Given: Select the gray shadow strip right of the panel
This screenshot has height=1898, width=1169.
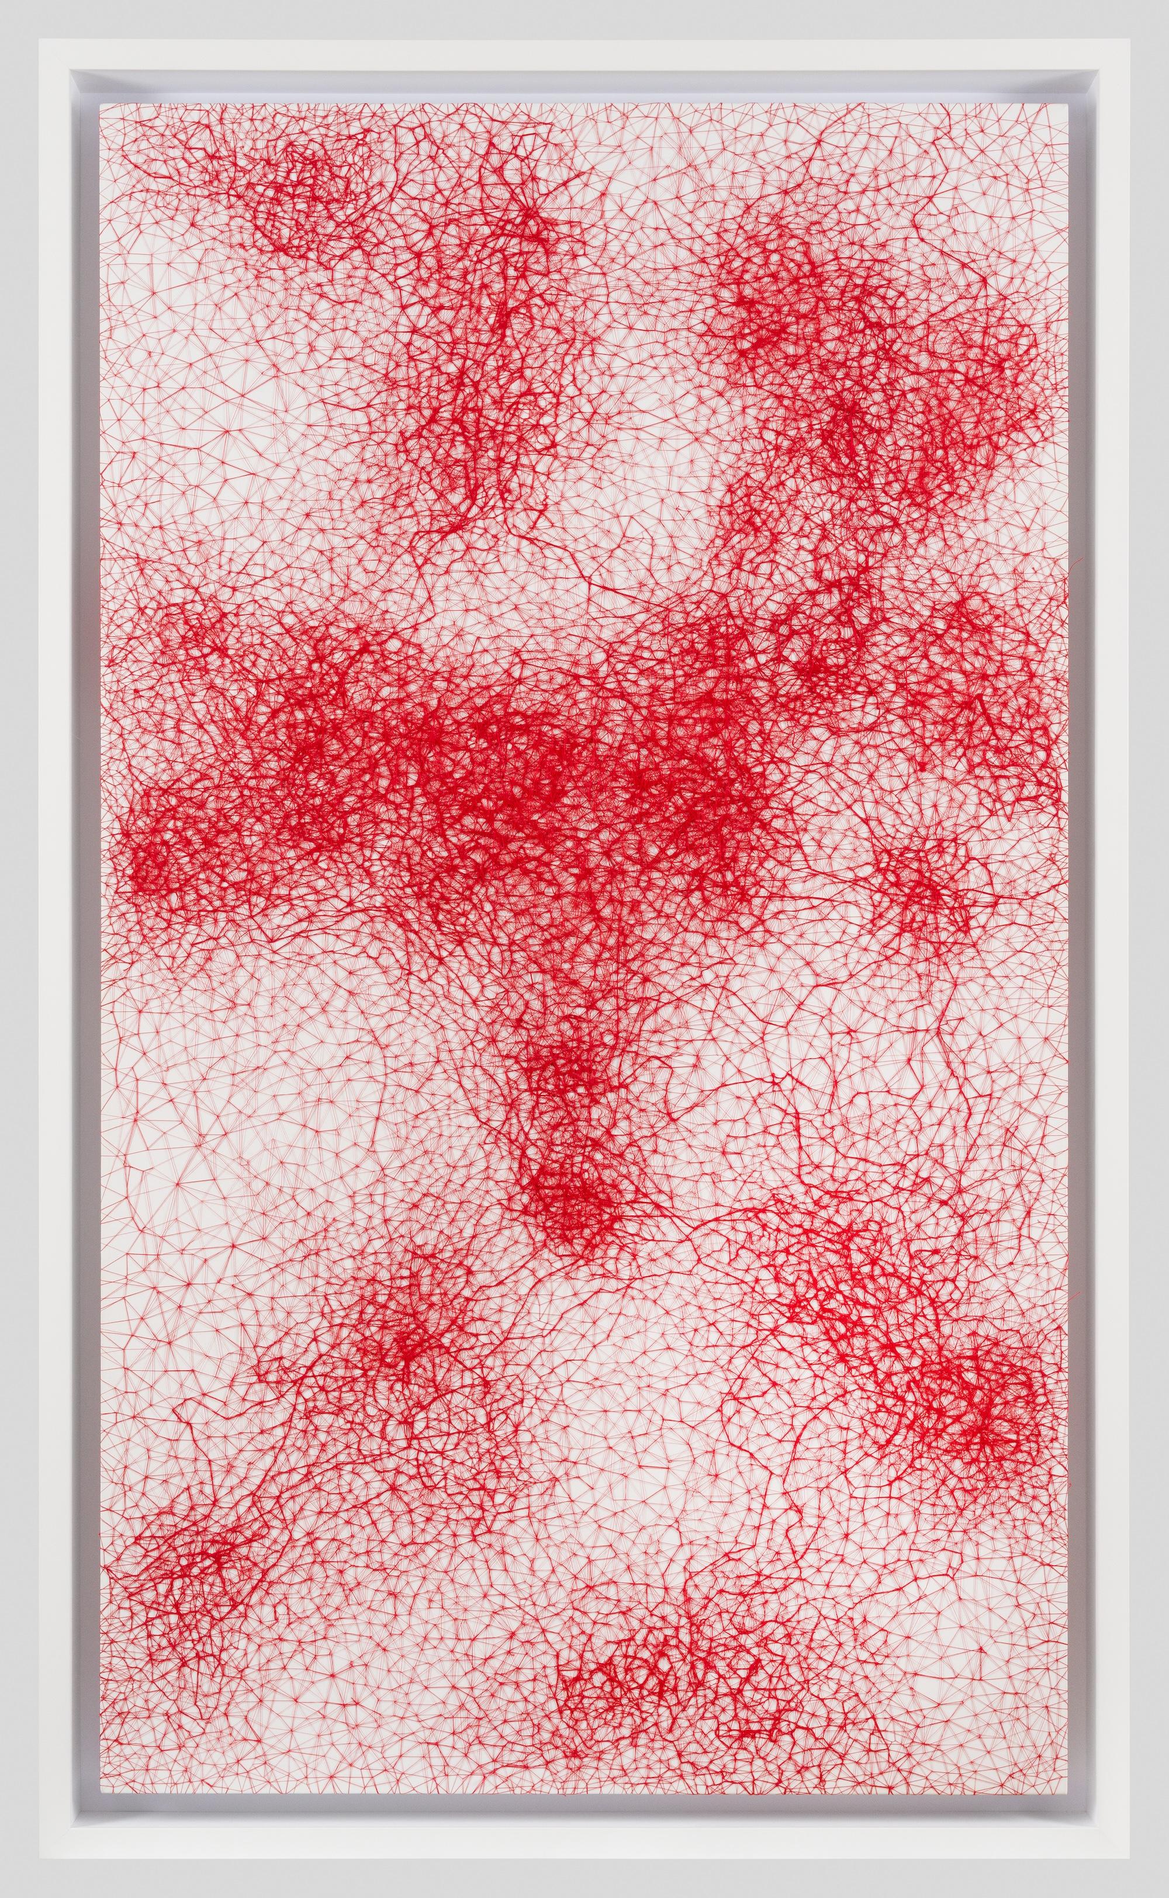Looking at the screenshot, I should (1082, 927).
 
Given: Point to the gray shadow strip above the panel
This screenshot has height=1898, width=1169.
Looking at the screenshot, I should (584, 85).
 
